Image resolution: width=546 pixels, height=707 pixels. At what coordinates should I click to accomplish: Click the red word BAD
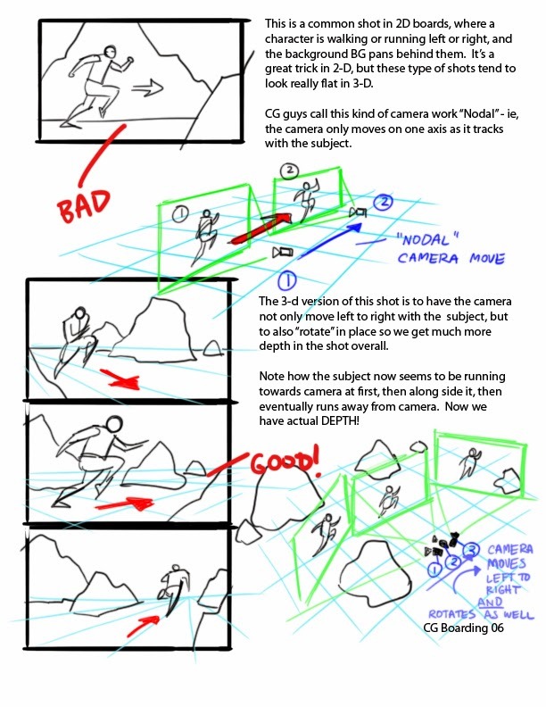point(84,205)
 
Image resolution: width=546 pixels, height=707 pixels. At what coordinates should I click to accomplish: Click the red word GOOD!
point(285,462)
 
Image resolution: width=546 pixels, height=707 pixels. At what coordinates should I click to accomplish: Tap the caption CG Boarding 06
point(463,628)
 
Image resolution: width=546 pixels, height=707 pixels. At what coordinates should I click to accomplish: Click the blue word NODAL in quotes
point(427,239)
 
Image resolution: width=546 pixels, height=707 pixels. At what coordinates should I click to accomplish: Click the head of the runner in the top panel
point(110,51)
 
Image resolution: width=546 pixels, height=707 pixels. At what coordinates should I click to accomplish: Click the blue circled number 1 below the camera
point(286,281)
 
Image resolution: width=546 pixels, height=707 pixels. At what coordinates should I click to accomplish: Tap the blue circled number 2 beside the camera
point(384,202)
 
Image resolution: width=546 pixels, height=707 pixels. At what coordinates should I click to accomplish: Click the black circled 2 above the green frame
point(290,171)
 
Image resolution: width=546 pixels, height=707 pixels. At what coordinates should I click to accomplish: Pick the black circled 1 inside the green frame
point(180,213)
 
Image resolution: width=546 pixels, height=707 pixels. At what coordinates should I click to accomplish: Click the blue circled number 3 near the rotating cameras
point(471,550)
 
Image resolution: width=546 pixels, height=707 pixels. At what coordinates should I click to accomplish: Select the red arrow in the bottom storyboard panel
point(143,625)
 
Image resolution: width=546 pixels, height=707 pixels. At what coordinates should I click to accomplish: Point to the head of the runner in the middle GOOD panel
point(113,424)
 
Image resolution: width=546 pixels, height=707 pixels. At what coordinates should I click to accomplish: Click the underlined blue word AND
point(490,603)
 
